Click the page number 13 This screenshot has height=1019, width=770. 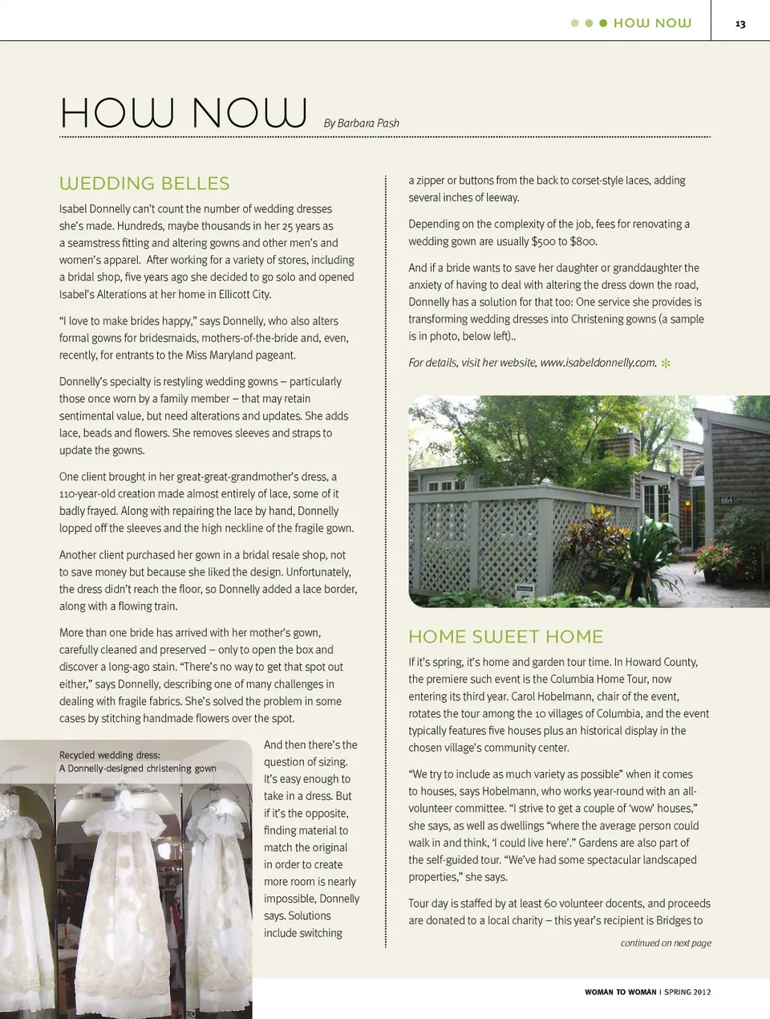[x=740, y=24]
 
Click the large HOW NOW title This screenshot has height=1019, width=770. [x=184, y=113]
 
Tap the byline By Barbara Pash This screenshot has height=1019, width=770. [x=361, y=123]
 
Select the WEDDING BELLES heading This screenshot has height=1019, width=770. [x=144, y=184]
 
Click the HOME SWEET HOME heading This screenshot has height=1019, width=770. [x=505, y=637]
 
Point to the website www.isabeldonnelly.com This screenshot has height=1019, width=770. [x=598, y=363]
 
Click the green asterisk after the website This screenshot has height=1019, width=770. [x=666, y=363]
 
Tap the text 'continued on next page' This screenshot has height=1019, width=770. [x=666, y=943]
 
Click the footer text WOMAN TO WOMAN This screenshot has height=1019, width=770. [x=620, y=992]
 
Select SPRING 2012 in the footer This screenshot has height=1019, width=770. [x=687, y=992]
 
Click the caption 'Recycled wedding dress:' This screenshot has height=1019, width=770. [x=110, y=755]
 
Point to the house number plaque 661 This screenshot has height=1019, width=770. [x=727, y=500]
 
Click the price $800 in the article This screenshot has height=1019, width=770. [x=583, y=242]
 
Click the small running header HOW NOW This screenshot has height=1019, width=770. [x=652, y=23]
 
